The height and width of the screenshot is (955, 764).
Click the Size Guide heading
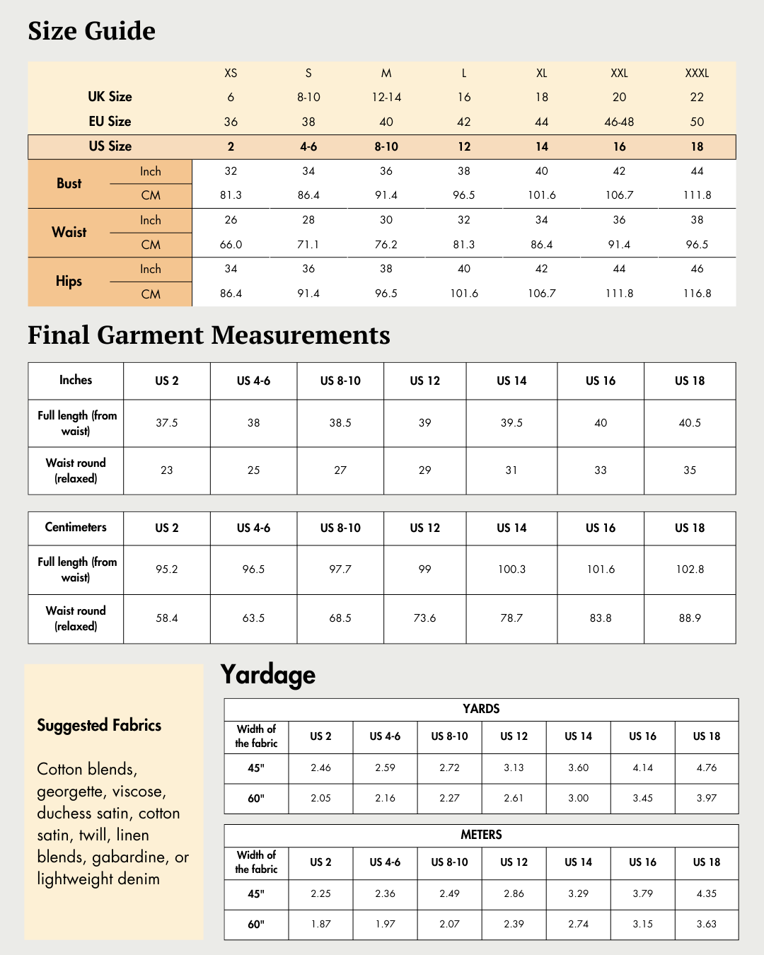(x=91, y=31)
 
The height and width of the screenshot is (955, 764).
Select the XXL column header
(x=619, y=73)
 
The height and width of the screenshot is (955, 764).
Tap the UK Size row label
(x=110, y=97)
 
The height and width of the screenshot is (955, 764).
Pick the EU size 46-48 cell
(x=619, y=122)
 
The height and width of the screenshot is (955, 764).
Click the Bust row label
(x=69, y=183)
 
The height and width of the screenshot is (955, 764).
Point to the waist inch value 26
(x=231, y=220)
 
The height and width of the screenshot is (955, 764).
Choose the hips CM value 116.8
(x=697, y=294)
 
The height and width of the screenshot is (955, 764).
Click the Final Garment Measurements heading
(x=209, y=335)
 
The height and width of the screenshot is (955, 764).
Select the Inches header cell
(x=76, y=380)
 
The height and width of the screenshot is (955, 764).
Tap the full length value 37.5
(x=167, y=423)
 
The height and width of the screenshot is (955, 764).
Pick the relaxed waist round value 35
(x=690, y=470)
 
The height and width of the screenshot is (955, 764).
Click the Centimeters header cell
(x=76, y=527)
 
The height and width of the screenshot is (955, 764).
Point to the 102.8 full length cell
(x=690, y=569)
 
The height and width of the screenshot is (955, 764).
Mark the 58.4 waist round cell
(x=167, y=618)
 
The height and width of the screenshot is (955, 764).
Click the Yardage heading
(x=267, y=675)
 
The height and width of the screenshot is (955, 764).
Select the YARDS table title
(x=481, y=709)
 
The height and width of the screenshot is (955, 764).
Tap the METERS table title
(x=481, y=835)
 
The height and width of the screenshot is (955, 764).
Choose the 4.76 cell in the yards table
(x=706, y=768)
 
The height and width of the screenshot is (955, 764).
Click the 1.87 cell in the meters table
(x=320, y=924)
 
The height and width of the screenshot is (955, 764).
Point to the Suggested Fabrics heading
(x=99, y=725)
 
